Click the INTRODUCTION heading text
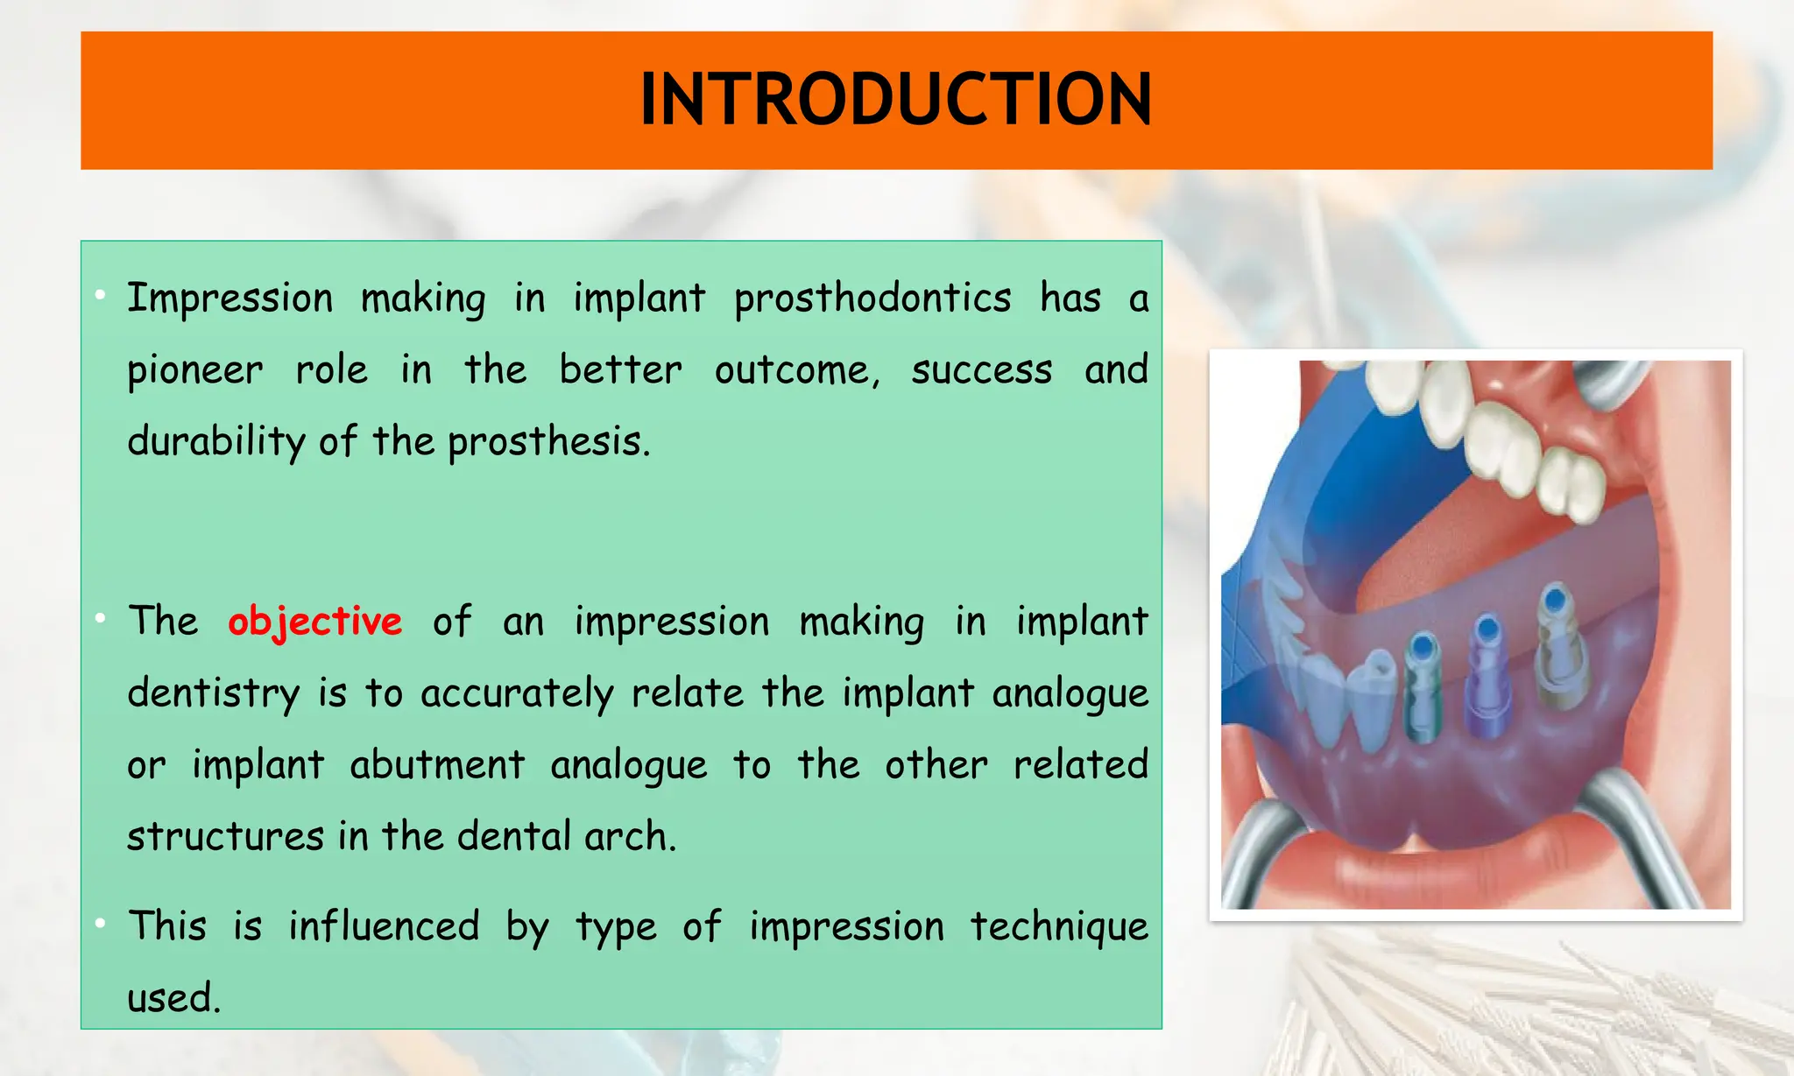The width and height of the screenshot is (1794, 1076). coord(896,99)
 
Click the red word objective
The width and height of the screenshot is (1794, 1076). coord(314,622)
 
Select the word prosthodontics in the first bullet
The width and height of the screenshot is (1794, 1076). coord(872,299)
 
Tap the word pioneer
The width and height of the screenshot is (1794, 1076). coord(194,370)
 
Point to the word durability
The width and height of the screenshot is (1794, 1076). coord(215,441)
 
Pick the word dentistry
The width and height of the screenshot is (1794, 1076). coord(214,693)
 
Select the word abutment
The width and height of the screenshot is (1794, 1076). coord(437,765)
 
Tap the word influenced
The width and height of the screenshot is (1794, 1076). coord(384,926)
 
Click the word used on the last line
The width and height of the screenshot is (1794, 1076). coord(173,998)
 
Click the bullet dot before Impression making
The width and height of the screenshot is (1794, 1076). coord(102,295)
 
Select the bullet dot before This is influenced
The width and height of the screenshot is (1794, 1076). coord(102,923)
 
